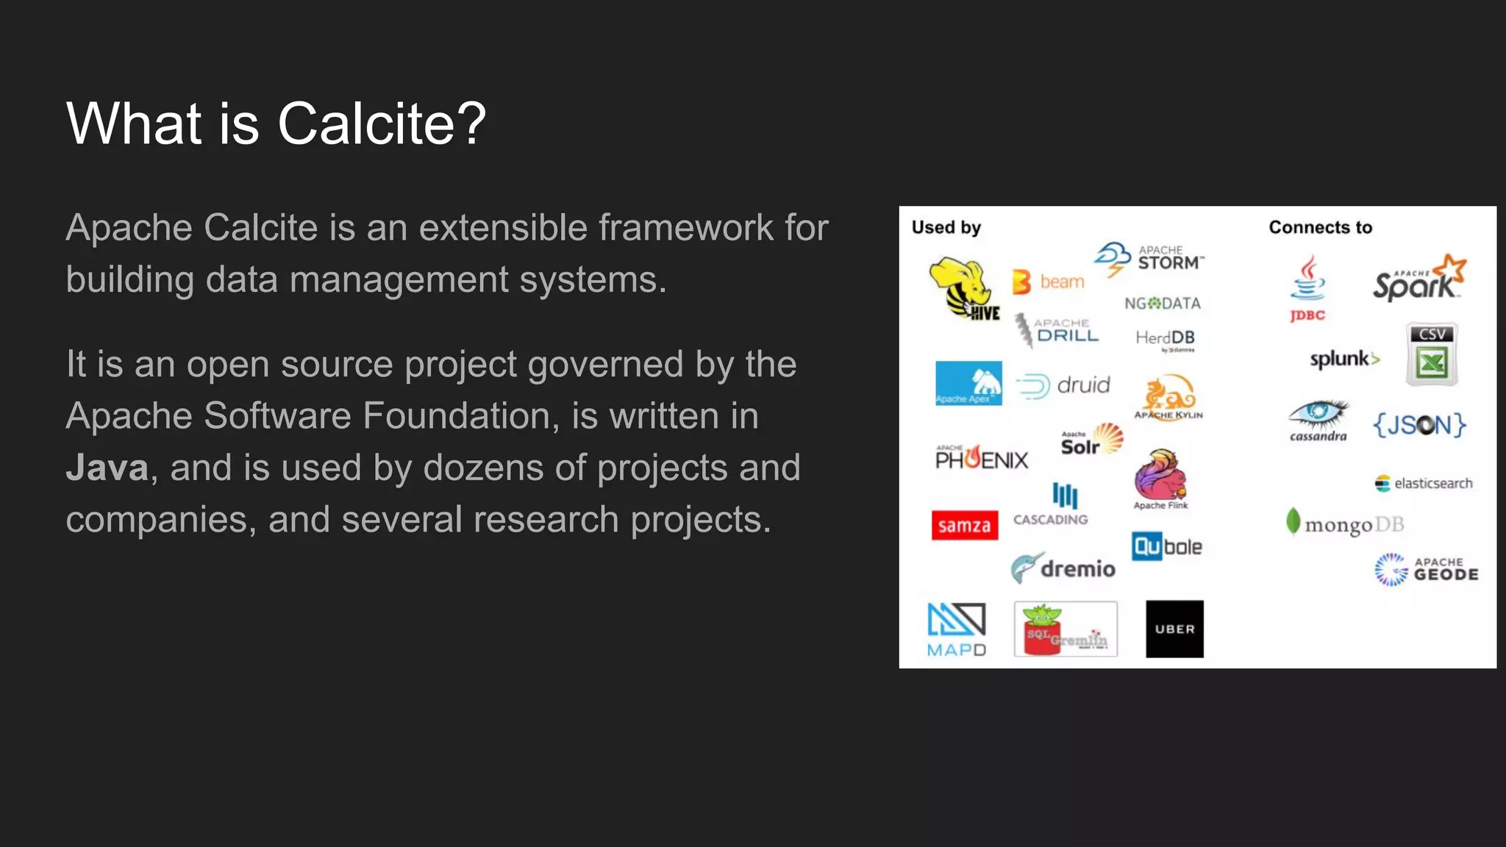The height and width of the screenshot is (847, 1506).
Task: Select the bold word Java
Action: [107, 468]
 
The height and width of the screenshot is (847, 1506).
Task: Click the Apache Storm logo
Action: [1149, 258]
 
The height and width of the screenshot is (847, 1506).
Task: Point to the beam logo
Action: [1049, 282]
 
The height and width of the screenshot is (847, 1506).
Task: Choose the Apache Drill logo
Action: [1057, 330]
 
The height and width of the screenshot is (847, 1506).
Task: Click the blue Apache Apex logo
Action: [968, 383]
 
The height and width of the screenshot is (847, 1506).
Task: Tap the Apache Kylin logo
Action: [1168, 398]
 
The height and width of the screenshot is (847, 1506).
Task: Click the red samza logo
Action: [965, 526]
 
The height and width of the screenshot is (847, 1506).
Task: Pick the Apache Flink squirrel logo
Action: [1160, 479]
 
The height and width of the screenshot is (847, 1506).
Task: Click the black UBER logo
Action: [1174, 629]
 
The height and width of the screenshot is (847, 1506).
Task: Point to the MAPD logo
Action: [956, 629]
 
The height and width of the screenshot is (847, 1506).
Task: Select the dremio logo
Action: [1063, 568]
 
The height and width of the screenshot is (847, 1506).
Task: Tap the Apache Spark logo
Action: [1418, 279]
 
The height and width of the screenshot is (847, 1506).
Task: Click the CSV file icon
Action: [1431, 354]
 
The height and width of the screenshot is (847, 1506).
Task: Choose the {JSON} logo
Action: [1419, 425]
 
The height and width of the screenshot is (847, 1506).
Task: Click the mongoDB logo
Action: [1345, 523]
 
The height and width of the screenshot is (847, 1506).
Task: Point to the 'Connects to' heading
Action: [1320, 228]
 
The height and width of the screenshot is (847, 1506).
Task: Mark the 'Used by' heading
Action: [946, 228]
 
